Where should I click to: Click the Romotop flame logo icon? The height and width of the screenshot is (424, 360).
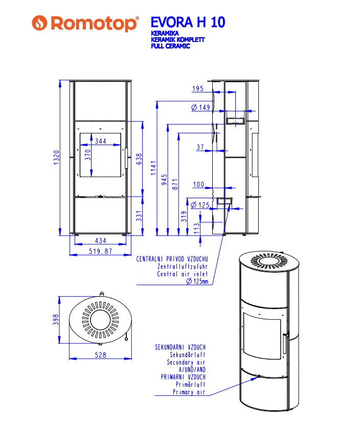tap(39, 22)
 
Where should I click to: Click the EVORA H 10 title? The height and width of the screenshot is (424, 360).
tap(188, 22)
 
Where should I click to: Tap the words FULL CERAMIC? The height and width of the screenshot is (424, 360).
tap(170, 46)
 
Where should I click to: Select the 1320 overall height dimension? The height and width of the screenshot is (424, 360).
tap(56, 157)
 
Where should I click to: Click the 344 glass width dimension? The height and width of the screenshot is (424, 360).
tap(100, 141)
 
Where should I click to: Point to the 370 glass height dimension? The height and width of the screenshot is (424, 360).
tap(88, 155)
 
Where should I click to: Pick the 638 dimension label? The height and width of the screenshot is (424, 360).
tap(139, 159)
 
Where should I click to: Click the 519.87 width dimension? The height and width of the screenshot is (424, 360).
tap(100, 251)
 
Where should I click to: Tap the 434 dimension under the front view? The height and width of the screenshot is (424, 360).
tap(100, 241)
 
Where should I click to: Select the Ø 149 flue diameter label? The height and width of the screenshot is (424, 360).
tap(201, 107)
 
